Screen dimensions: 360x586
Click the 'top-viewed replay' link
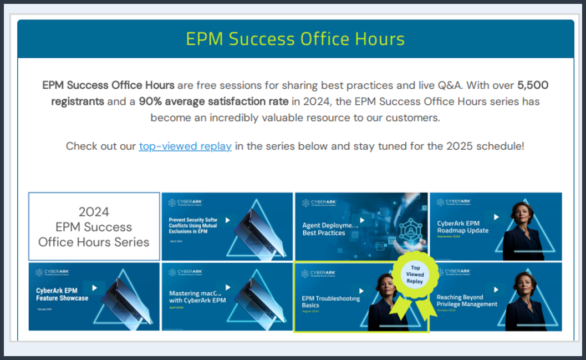185,146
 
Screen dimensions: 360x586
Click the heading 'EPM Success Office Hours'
295,39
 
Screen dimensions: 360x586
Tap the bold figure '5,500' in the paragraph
533,85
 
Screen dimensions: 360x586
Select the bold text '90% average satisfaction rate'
213,102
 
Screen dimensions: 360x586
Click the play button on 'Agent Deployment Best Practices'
361,220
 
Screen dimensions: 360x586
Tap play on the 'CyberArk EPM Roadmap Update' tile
496,217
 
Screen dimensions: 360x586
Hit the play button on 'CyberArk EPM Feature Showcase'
94,287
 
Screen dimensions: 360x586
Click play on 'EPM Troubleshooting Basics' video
361,290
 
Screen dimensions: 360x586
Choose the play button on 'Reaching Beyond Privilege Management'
496,289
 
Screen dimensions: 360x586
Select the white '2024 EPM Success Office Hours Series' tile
94,226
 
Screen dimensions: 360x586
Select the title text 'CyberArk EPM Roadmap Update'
462,227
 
